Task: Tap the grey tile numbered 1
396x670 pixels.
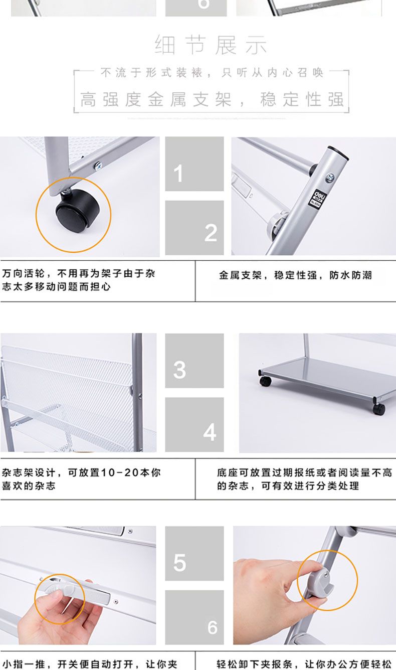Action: coord(194,164)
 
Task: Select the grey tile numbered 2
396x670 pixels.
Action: coord(194,228)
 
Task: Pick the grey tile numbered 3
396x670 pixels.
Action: coord(194,361)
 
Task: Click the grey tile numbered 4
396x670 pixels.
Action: coord(194,424)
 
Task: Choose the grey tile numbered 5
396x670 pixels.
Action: coord(194,554)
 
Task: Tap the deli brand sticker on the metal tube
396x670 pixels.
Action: coord(315,198)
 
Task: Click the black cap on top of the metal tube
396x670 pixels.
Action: coord(338,151)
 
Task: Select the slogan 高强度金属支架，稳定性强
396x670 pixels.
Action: coord(212,99)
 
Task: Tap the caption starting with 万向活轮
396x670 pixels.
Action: coord(78,280)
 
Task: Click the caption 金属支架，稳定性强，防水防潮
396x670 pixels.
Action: coord(295,275)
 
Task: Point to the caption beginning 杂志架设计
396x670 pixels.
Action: coord(81,479)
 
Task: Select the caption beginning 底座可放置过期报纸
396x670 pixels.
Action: coord(304,479)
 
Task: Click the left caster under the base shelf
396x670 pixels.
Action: coord(265,381)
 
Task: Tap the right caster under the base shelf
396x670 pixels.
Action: coord(378,409)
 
